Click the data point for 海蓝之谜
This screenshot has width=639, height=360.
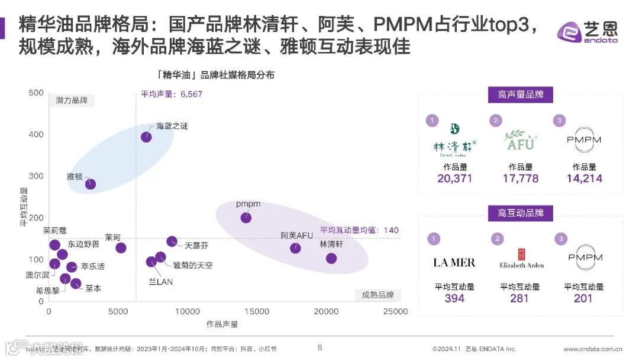146,137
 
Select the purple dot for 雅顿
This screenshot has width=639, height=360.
91,184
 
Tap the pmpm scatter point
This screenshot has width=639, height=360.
246,218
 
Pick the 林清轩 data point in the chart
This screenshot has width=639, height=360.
331,258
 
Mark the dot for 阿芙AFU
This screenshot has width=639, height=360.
296,248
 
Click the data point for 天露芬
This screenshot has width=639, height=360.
172,241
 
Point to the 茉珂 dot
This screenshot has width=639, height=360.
121,248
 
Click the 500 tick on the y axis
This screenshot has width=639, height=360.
37,92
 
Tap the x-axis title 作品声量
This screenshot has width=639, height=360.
222,324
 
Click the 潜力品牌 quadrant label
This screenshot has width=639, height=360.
72,100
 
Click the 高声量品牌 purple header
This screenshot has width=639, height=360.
521,94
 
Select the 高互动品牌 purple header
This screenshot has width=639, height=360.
521,213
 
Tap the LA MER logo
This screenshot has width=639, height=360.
454,262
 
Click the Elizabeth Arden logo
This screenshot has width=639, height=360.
521,259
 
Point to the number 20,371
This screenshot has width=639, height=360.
454,178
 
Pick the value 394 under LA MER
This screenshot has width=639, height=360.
454,298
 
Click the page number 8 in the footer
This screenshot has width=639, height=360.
319,348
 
